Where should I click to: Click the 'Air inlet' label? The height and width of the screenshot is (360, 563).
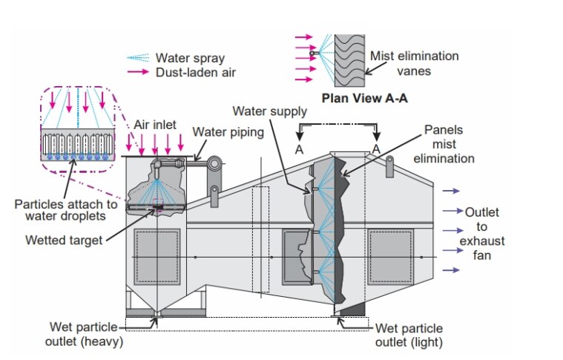[155, 126]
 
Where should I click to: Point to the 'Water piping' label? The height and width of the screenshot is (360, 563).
[226, 131]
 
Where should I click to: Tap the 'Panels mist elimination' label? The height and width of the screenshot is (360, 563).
[449, 143]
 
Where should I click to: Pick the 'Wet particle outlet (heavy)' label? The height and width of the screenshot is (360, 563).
[86, 335]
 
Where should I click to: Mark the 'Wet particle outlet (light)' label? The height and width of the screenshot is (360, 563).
[409, 335]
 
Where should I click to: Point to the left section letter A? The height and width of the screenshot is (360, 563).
[300, 148]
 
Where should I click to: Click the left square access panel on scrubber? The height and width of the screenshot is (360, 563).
[157, 258]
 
